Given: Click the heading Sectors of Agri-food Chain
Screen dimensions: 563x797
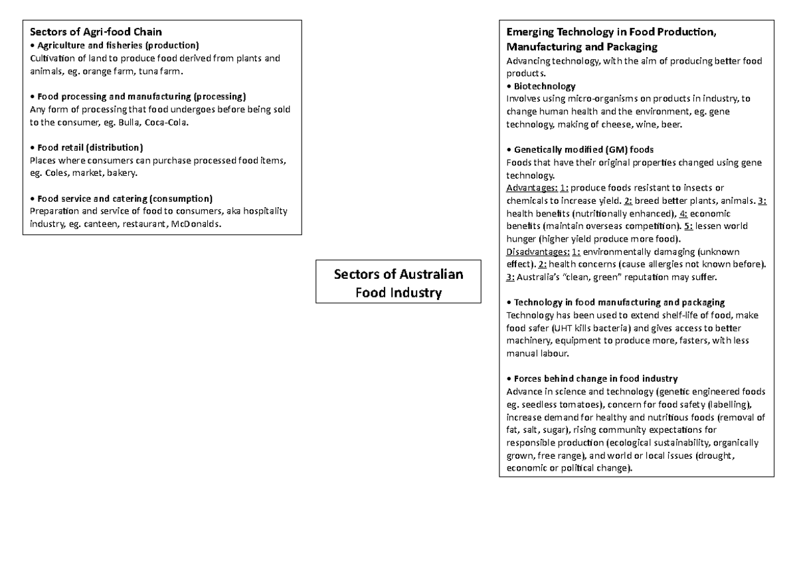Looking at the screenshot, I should pos(96,32).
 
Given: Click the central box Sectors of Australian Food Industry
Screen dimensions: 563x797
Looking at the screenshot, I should pos(398,283).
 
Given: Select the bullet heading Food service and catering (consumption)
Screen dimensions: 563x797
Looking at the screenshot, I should pos(125,199).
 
